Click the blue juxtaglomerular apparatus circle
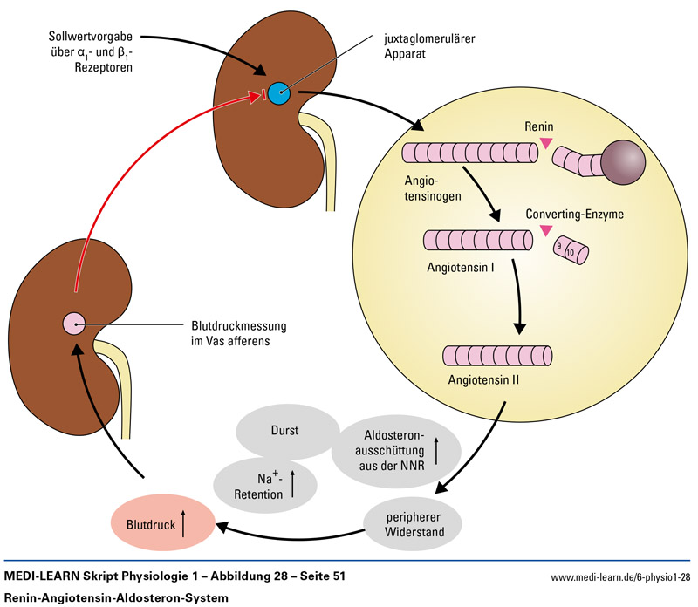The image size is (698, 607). coord(279,92)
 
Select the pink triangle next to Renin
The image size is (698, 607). coord(545,142)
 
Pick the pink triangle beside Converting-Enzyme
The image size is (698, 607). coord(546,231)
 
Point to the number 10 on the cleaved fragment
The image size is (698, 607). coord(571,253)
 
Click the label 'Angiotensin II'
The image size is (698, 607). coord(484,380)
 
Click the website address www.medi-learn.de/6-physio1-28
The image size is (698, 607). coord(620,577)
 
